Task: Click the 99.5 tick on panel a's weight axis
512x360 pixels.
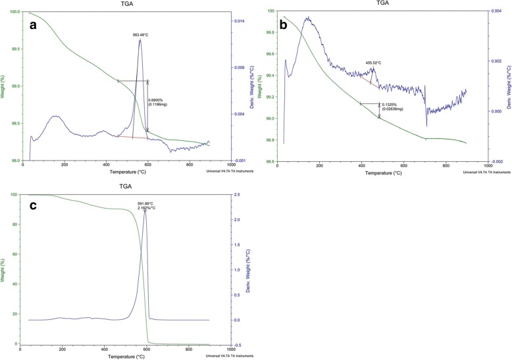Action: click(x=13, y=49)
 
